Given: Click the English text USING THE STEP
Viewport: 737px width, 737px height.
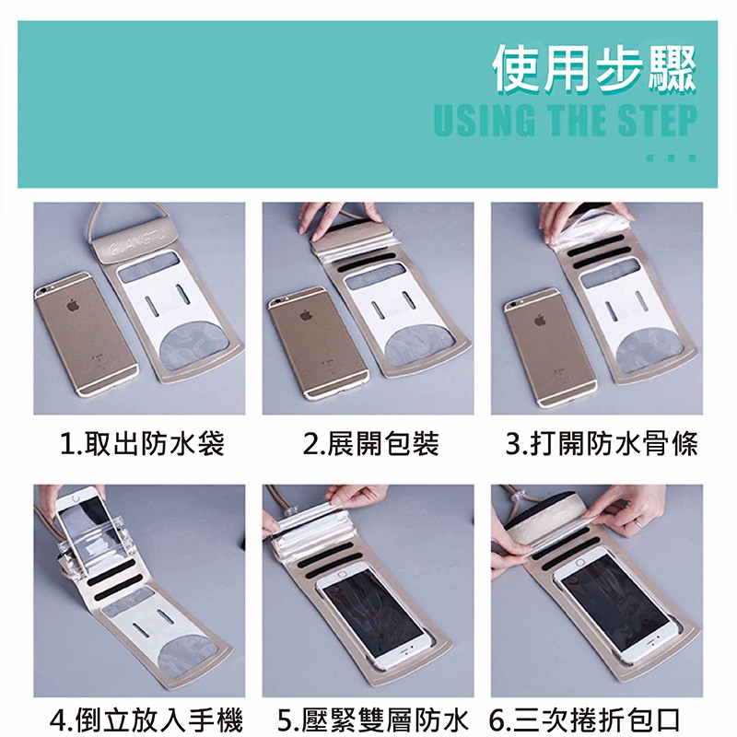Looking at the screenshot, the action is coord(565,121).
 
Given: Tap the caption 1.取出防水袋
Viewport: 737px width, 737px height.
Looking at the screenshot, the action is coord(143,443).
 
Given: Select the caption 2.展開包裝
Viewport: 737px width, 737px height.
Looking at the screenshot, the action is coord(371,443).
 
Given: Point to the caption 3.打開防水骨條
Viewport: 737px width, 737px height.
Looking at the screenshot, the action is coord(602,443).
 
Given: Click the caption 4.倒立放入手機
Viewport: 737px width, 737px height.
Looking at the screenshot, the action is coord(146,720).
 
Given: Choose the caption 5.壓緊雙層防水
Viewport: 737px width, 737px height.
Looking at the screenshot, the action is coord(373,720).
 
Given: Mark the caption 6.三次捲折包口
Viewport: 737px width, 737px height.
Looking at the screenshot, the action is coord(585,720).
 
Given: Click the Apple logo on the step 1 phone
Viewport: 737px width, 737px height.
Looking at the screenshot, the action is coord(73,305).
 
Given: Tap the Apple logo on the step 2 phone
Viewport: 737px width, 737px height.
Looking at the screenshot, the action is coord(306,315).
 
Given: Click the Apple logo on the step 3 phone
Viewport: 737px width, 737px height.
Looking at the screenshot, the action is coord(540,320).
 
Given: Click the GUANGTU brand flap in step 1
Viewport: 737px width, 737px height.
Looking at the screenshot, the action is coord(133,245).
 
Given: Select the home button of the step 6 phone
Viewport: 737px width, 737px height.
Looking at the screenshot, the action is coord(580,563).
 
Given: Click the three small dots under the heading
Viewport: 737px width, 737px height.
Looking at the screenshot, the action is coord(672,158).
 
